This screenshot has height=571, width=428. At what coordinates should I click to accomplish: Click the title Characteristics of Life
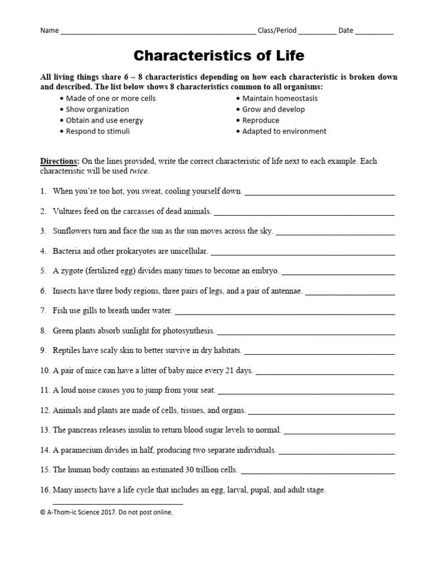[219, 56]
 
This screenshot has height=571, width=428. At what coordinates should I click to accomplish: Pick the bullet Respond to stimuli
[98, 132]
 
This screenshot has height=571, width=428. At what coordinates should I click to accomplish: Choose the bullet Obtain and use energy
[104, 120]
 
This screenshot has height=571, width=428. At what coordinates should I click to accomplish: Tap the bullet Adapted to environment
[284, 132]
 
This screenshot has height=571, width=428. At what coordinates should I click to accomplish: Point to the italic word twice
[139, 171]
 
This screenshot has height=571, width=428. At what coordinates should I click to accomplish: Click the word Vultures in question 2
[67, 211]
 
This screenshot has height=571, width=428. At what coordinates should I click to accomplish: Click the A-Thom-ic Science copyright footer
[106, 512]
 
